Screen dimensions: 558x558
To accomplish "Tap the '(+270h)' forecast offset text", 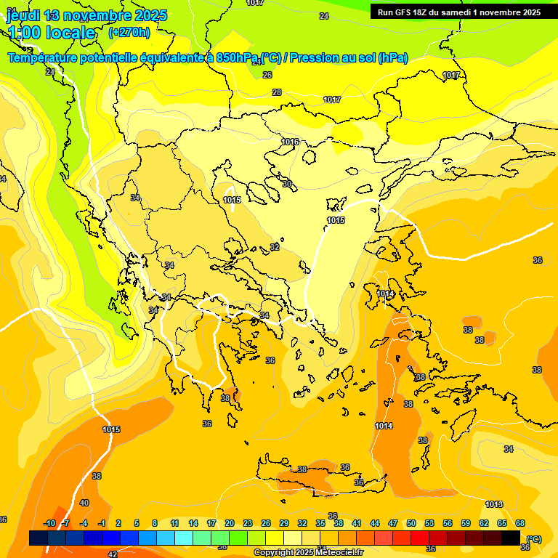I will coord(129,32).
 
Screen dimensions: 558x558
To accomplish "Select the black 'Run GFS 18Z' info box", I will coord(460,12).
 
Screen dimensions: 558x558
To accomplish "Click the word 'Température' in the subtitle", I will coord(46,58).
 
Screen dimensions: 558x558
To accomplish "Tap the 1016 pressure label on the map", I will coord(290,142).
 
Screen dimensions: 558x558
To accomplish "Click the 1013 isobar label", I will coord(494,504).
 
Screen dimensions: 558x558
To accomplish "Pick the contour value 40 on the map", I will coord(84,503).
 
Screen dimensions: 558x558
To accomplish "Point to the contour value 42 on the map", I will coord(113,554).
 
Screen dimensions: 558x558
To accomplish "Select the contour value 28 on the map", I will coord(277,92).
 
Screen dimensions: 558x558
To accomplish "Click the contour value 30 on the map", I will coord(287,184).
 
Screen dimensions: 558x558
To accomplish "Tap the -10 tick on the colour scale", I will coord(49,523).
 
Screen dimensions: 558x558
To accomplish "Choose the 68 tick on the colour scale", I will coord(520,523).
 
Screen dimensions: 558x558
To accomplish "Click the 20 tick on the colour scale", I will coord(230,523).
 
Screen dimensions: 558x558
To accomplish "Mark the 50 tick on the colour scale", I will coord(411,523).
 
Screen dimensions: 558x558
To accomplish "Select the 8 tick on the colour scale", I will coord(155,523).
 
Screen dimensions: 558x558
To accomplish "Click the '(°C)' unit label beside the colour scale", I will coord(533,539).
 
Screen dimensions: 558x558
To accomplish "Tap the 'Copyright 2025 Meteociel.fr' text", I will coord(309,553).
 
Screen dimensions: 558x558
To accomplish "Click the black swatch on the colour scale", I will coord(511,538).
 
